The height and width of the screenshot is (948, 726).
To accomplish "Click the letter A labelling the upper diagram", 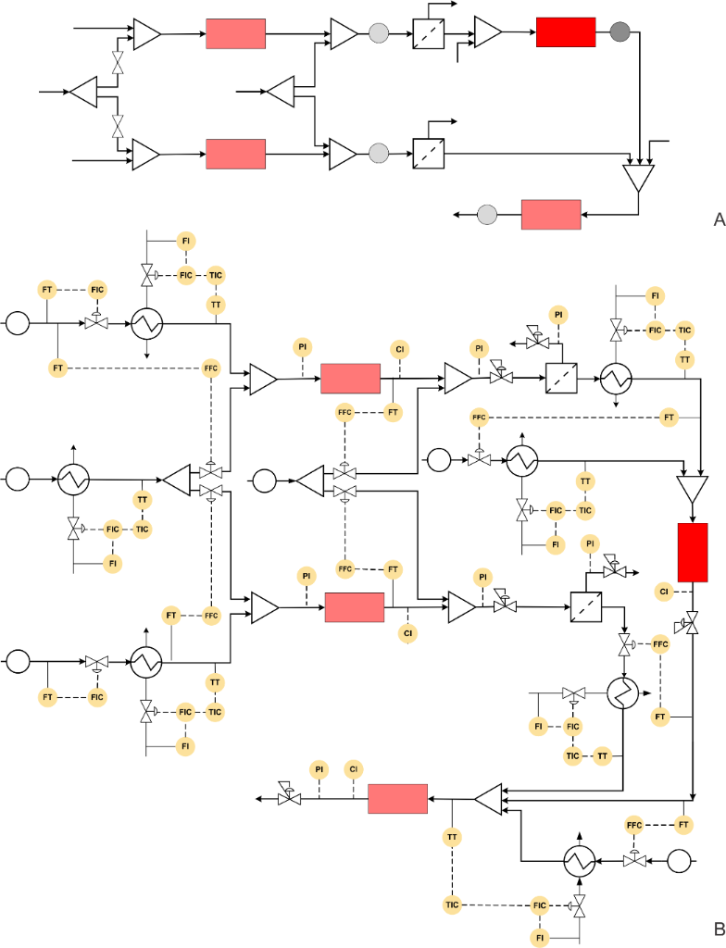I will [x=718, y=219].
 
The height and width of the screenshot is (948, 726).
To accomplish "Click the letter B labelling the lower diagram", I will [x=718, y=929].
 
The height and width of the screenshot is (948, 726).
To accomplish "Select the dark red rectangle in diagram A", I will [x=565, y=32].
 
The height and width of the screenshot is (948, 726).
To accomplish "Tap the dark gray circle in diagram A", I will [x=619, y=32].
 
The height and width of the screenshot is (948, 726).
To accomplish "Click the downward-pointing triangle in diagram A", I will [x=639, y=177].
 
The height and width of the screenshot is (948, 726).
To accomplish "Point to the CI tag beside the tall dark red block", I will [x=664, y=590].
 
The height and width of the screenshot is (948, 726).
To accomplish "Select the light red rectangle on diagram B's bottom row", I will [x=397, y=798].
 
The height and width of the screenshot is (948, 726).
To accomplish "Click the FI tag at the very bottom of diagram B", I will [x=540, y=938].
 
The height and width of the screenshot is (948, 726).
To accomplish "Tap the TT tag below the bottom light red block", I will [x=452, y=837].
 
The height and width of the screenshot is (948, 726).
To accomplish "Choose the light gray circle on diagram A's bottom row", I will [x=487, y=215].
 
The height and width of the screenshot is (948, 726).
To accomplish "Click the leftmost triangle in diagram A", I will [x=83, y=92].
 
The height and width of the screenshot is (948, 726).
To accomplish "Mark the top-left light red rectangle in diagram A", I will [x=235, y=33].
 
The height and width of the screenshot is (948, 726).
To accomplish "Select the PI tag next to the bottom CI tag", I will [x=319, y=769].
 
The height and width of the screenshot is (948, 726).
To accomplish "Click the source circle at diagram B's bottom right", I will [x=680, y=860].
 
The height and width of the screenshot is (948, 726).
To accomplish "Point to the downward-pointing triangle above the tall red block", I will [x=692, y=488].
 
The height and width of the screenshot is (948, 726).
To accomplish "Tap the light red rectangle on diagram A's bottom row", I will [x=551, y=215].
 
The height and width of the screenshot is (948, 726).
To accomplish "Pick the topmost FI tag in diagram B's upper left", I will [x=185, y=242].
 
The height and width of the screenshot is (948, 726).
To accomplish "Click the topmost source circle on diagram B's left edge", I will [x=18, y=323].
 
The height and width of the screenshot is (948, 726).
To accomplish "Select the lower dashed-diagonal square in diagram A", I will [x=428, y=151].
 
